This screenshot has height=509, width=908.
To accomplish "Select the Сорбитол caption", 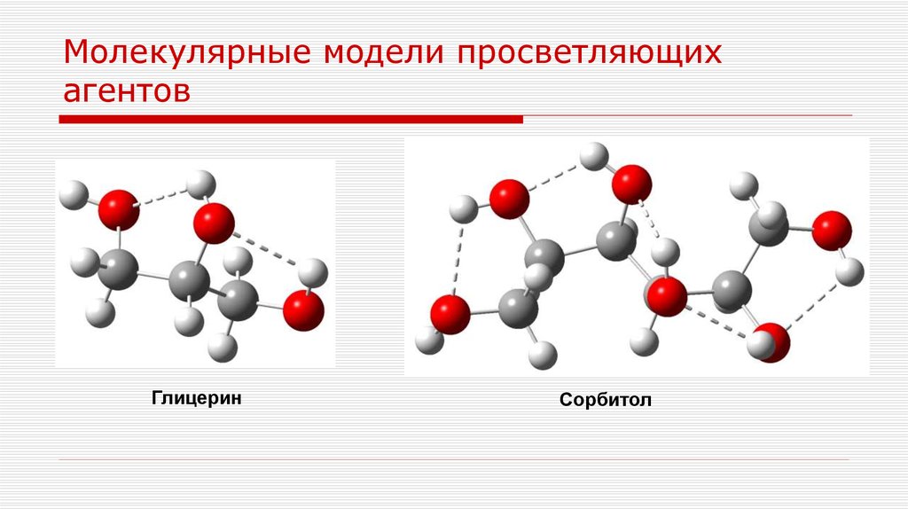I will pyautogui.click(x=606, y=400).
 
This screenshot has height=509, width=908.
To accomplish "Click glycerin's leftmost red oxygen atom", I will pyautogui.click(x=118, y=210).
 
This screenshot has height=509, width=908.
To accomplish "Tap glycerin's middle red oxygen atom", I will pyautogui.click(x=214, y=222).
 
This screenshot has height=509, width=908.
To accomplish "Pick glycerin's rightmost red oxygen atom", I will pyautogui.click(x=304, y=310).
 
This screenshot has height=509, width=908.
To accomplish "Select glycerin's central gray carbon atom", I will pyautogui.click(x=188, y=282).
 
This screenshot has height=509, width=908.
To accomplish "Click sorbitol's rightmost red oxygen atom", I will pyautogui.click(x=831, y=231).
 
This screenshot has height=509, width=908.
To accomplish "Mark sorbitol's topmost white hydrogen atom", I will pyautogui.click(x=591, y=159).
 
